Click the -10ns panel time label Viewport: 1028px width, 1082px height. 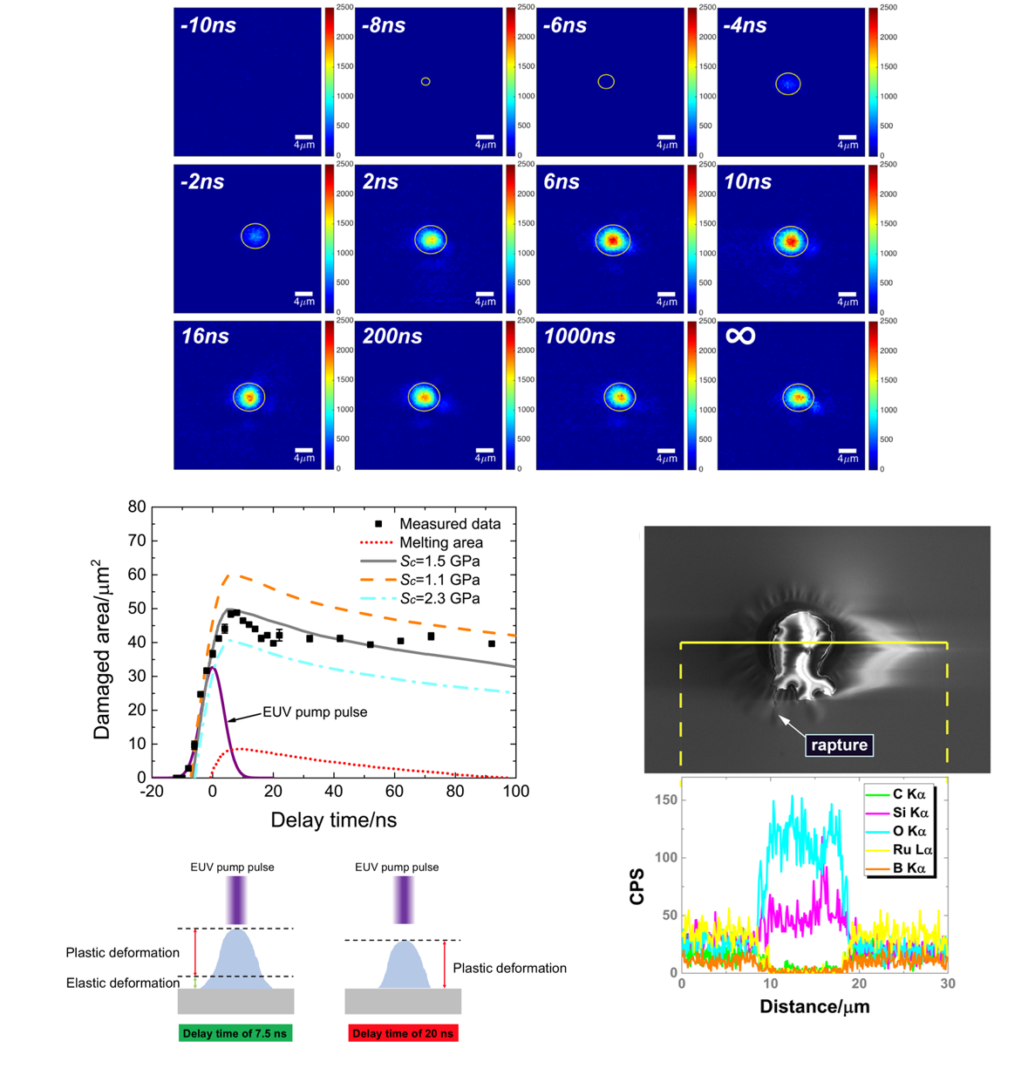pyautogui.click(x=208, y=25)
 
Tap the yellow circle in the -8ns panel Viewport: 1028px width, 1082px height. pyautogui.click(x=425, y=82)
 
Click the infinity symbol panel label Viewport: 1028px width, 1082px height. pyautogui.click(x=740, y=336)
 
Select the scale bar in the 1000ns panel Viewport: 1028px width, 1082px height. pyautogui.click(x=666, y=451)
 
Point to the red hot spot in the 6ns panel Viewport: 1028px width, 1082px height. pyautogui.click(x=612, y=240)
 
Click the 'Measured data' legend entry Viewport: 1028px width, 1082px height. pyautogui.click(x=450, y=524)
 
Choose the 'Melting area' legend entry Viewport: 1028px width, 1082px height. pyautogui.click(x=440, y=542)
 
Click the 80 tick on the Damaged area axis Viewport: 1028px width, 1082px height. pyautogui.click(x=136, y=507)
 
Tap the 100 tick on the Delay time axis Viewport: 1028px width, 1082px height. pyautogui.click(x=516, y=792)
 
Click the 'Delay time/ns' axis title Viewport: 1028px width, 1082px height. pyautogui.click(x=334, y=820)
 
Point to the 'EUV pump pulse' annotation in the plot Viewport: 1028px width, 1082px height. pyautogui.click(x=315, y=712)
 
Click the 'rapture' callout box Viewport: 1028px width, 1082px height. pyautogui.click(x=839, y=745)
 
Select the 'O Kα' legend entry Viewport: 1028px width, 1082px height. pyautogui.click(x=909, y=832)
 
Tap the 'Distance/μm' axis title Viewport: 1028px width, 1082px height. pyautogui.click(x=814, y=1007)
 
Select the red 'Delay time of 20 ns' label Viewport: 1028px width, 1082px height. pyautogui.click(x=403, y=1033)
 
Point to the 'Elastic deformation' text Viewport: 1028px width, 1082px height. pyautogui.click(x=123, y=983)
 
